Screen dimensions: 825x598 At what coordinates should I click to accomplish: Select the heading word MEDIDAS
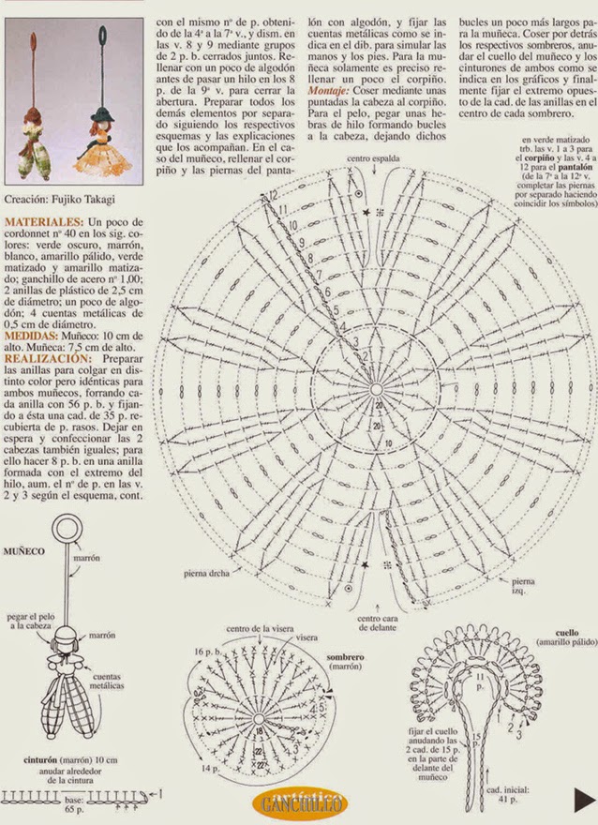[33, 335]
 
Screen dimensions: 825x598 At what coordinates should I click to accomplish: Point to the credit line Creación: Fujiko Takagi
[59, 200]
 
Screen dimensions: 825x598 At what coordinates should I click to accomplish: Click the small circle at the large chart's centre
[376, 389]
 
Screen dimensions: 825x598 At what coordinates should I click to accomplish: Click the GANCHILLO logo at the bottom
[299, 802]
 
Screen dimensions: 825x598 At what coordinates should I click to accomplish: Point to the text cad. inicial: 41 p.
[500, 796]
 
